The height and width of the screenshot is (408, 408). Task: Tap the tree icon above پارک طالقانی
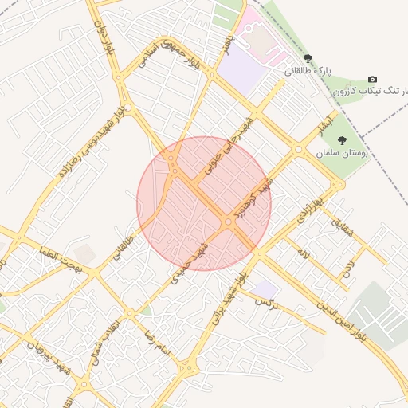click(308, 59)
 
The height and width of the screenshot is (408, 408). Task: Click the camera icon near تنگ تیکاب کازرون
click(372, 80)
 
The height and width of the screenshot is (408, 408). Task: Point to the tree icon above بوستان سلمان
click(342, 140)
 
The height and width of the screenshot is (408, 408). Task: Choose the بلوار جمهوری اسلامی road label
click(166, 49)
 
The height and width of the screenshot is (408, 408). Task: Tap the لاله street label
click(304, 253)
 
